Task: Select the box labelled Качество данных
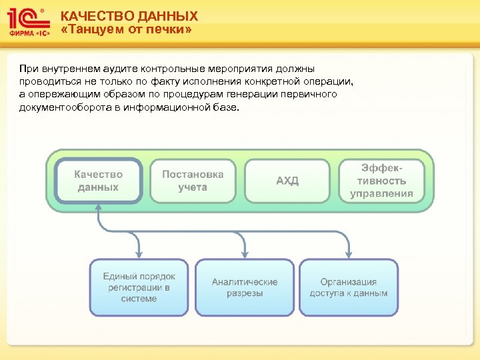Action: coord(99,181)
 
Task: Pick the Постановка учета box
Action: coord(193,181)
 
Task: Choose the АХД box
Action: coord(287,181)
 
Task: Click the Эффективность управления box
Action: coord(382,181)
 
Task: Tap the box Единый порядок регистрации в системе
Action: coord(139,287)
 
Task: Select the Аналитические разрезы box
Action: coord(245,287)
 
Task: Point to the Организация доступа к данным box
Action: coord(349,287)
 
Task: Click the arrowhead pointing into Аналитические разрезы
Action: coord(245,255)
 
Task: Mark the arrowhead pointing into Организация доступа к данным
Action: coord(349,255)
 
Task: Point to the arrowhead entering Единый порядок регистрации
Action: coord(139,255)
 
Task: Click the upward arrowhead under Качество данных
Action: coord(99,209)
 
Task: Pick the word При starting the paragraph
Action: coord(29,69)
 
